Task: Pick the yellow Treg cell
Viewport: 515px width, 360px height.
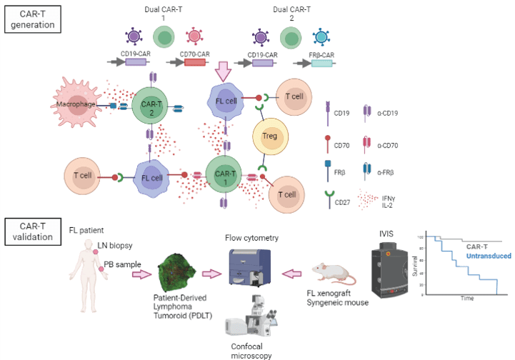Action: [x=270, y=138]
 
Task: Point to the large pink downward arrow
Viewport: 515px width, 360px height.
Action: [x=224, y=71]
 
